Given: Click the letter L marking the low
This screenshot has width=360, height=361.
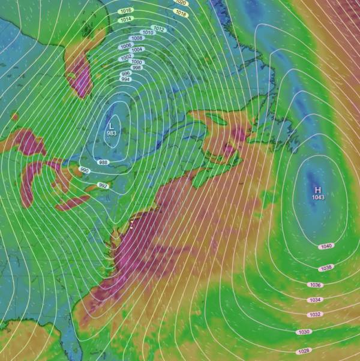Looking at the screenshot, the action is click(111, 125).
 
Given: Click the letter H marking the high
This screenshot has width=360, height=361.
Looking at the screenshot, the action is click(318, 189).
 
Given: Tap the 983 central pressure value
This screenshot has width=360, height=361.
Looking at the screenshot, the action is click(111, 133).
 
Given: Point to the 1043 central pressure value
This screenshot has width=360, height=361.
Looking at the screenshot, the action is click(318, 197).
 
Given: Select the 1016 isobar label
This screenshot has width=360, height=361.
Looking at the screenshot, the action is click(126, 11).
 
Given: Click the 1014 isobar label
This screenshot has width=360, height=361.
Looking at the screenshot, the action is click(126, 19).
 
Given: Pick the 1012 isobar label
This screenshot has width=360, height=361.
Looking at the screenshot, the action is click(159, 28).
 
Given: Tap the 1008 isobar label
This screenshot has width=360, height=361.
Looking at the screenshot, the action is click(137, 38).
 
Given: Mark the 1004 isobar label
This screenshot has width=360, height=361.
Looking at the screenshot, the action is click(137, 49).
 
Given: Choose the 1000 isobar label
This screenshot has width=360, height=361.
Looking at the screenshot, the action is click(136, 62).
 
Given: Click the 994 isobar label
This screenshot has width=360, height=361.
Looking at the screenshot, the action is click(125, 79).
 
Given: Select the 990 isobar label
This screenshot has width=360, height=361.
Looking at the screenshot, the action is click(84, 171).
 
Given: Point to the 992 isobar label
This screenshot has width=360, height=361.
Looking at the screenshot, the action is click(103, 185).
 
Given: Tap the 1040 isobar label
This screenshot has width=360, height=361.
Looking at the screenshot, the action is click(326, 246).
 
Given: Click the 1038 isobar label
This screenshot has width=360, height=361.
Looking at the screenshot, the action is click(326, 267).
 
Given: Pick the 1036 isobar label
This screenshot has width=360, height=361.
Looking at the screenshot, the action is click(315, 284).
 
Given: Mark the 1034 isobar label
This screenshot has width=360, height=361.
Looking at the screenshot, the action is click(315, 299).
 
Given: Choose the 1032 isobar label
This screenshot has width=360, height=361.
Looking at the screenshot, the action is click(315, 314).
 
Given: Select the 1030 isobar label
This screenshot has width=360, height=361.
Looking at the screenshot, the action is click(304, 332).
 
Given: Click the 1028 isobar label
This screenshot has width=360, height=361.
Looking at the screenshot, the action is click(304, 351).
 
